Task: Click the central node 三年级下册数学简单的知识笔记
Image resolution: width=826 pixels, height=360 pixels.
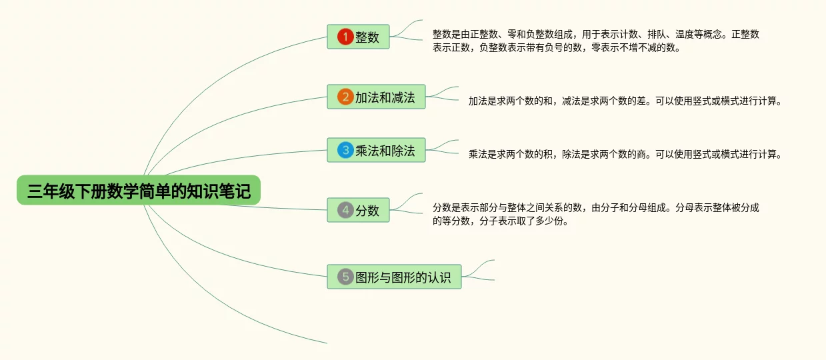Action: [139, 191]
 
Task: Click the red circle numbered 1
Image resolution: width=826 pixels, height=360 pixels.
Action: [345, 37]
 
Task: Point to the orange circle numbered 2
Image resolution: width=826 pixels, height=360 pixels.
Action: [345, 97]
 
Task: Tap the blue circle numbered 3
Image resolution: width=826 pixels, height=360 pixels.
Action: [345, 151]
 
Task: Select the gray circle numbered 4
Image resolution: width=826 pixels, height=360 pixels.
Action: [345, 210]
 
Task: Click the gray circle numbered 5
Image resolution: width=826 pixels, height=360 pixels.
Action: [345, 277]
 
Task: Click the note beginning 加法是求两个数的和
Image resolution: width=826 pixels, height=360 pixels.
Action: [624, 101]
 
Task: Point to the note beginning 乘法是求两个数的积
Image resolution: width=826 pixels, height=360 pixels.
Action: [624, 155]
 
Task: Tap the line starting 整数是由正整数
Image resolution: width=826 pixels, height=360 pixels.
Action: [595, 34]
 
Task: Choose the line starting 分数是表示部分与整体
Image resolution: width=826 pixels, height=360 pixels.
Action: [595, 207]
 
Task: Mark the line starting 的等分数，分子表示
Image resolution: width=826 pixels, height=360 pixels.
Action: [500, 221]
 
